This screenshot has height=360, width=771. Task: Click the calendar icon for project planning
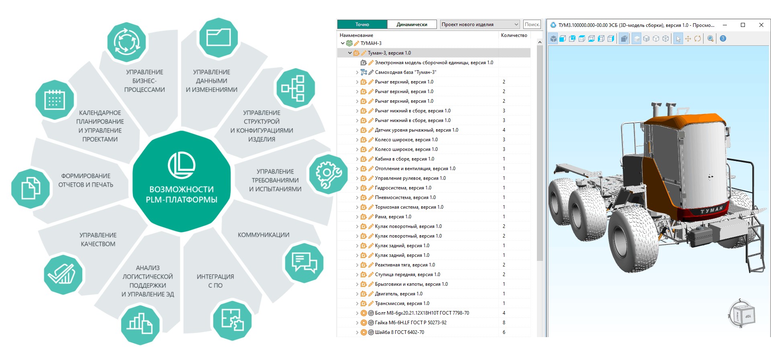pyautogui.click(x=55, y=100)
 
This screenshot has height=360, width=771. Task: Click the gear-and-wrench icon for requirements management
pyautogui.click(x=328, y=174)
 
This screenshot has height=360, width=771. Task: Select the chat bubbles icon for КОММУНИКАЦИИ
pyautogui.click(x=304, y=263)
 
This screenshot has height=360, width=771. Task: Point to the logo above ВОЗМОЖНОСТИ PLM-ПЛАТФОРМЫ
pyautogui.click(x=182, y=165)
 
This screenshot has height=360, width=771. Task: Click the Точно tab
pyautogui.click(x=362, y=24)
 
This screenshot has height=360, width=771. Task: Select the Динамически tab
pyautogui.click(x=412, y=24)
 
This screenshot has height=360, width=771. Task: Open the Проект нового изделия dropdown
pyautogui.click(x=480, y=24)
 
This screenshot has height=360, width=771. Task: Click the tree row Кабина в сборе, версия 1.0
pyautogui.click(x=404, y=159)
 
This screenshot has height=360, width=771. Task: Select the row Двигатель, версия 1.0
pyautogui.click(x=399, y=294)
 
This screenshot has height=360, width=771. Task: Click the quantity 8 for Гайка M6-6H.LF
pyautogui.click(x=504, y=323)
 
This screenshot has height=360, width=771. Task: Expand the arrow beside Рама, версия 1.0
pyautogui.click(x=357, y=217)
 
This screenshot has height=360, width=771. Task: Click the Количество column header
pyautogui.click(x=514, y=35)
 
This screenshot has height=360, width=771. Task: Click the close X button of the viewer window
pyautogui.click(x=761, y=25)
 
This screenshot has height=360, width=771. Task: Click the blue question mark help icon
pyautogui.click(x=723, y=39)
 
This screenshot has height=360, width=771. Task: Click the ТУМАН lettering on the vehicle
pyautogui.click(x=712, y=210)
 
